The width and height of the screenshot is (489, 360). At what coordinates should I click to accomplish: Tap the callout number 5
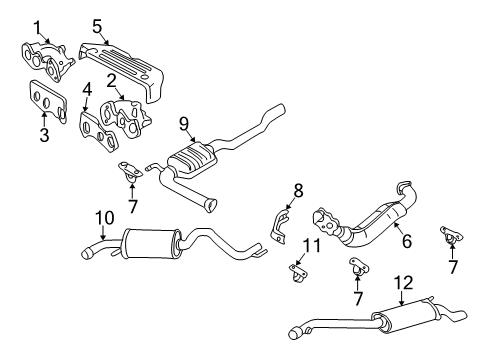97,25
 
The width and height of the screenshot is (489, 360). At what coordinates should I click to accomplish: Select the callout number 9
184,124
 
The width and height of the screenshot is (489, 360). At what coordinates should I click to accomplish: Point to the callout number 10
104,217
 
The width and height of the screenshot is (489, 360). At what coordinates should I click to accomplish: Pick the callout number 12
400,283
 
